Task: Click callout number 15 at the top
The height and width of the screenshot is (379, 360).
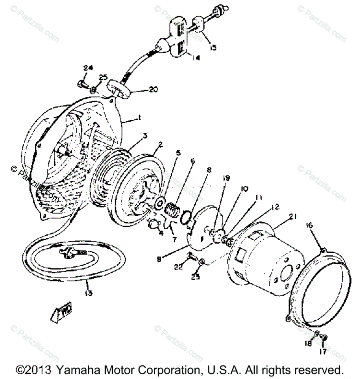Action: point(213,48)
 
